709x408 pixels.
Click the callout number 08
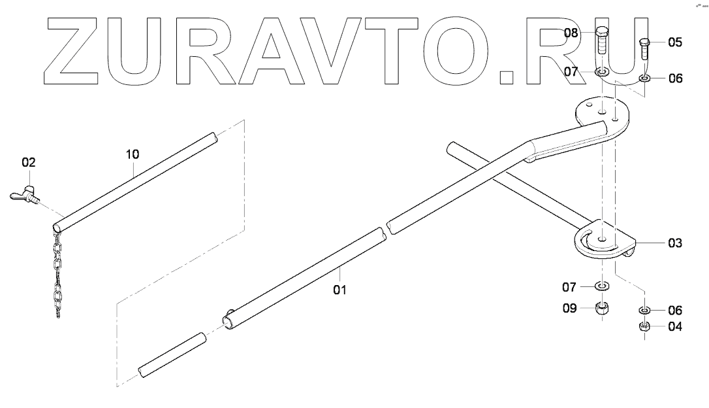572,33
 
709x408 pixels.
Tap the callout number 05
674,43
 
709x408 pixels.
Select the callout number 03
674,243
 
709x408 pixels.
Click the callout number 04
674,327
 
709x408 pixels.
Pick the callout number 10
133,154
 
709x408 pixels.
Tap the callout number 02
29,162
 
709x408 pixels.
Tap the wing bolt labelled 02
23,195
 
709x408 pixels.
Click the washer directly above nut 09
603,286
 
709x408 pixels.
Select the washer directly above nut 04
644,310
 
